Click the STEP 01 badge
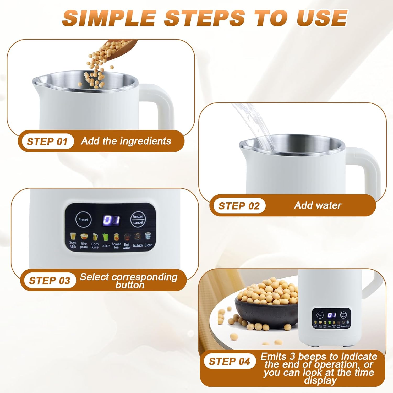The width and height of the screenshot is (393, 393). (x=47, y=141)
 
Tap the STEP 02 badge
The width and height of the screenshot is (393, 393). (x=239, y=206)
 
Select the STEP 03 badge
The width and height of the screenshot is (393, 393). (x=49, y=280)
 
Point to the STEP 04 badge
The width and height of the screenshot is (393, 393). (x=229, y=361)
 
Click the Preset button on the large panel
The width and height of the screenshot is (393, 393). (x=83, y=220)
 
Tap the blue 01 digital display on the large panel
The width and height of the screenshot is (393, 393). (x=111, y=220)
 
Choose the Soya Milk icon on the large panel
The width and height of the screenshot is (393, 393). (x=73, y=237)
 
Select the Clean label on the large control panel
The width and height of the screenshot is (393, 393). (x=148, y=245)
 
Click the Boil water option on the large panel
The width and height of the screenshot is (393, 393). (x=127, y=246)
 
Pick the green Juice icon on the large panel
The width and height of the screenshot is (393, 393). (x=106, y=237)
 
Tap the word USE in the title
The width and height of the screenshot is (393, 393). (x=322, y=18)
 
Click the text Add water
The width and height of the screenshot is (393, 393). (x=318, y=205)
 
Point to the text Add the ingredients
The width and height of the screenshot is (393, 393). (x=126, y=141)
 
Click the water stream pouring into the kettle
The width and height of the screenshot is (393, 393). (x=255, y=126)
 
